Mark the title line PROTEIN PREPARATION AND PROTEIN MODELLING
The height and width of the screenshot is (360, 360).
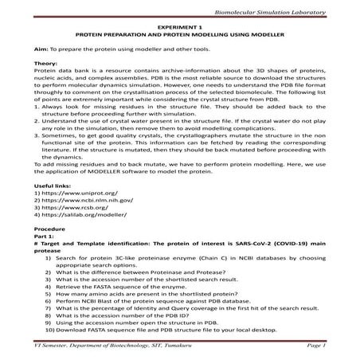tap(180, 36)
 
